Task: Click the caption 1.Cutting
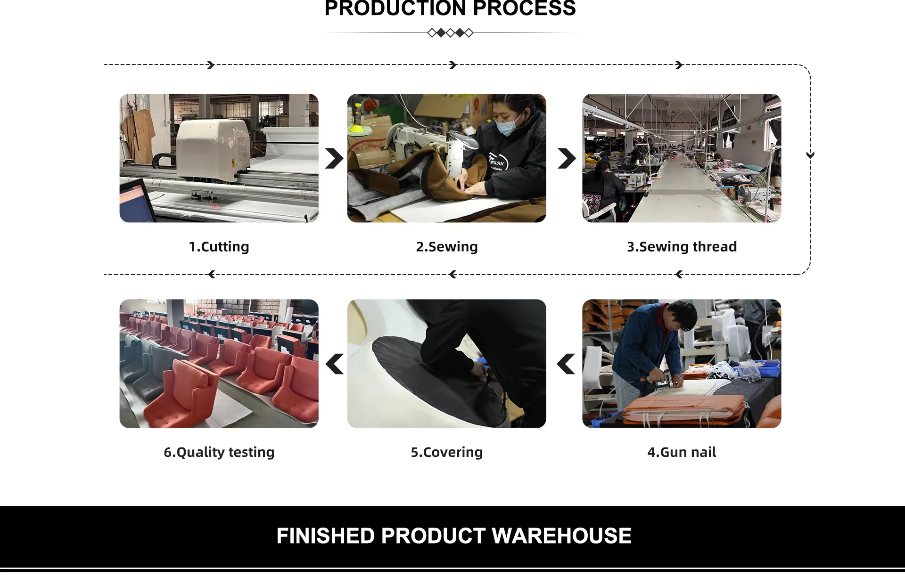click(219, 247)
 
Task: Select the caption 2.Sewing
click(447, 247)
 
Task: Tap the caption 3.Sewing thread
click(682, 247)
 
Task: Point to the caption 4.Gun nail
click(682, 452)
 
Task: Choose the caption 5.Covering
click(447, 452)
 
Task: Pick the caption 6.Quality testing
click(219, 452)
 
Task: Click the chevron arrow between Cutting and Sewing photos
click(334, 158)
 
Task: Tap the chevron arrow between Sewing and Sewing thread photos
click(567, 158)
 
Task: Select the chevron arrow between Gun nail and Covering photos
click(566, 364)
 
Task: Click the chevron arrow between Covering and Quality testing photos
click(334, 364)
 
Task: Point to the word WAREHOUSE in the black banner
click(561, 536)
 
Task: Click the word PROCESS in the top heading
click(524, 8)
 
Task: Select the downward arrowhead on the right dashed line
click(810, 155)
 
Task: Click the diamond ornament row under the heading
click(450, 33)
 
